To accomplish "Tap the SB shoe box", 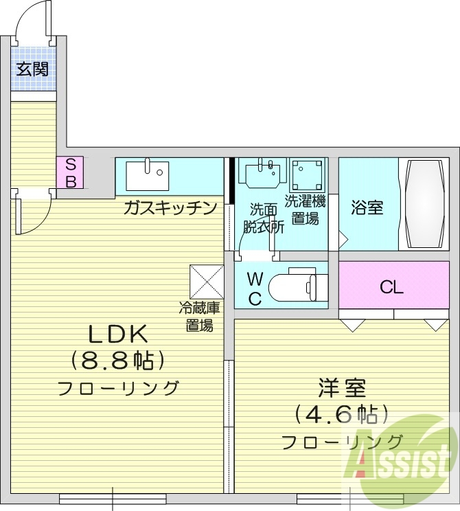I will [x=70, y=172].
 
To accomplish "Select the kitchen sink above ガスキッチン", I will [x=147, y=175].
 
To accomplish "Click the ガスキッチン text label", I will [x=170, y=208].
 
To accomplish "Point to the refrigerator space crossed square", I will [x=207, y=281].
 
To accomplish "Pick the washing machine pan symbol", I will [x=306, y=176].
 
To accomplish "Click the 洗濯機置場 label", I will [x=305, y=210].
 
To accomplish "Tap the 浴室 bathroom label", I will [x=367, y=207].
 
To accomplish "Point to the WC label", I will [x=254, y=288].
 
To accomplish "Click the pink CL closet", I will [x=392, y=287].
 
